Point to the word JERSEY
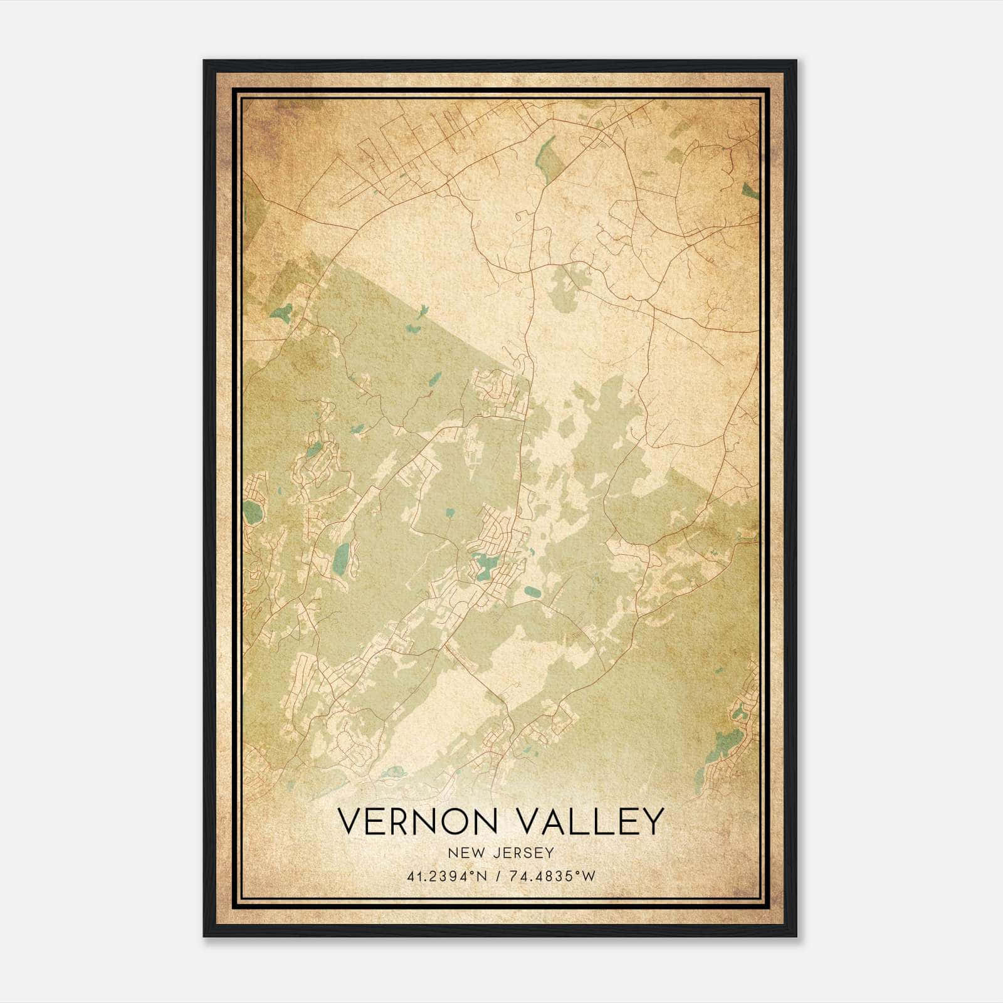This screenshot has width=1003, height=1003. click(x=523, y=853)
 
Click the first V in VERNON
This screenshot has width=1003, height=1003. click(x=350, y=821)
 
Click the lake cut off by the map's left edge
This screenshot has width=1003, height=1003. click(x=251, y=513)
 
